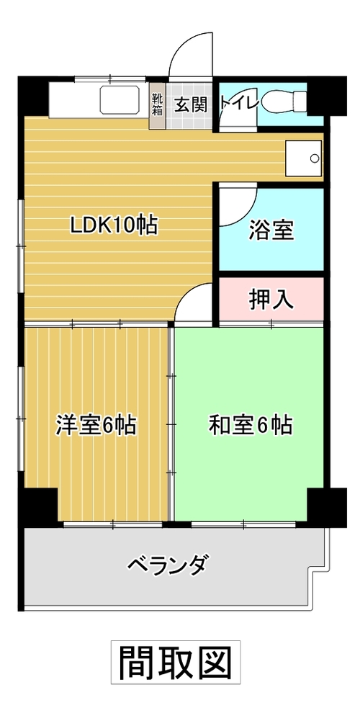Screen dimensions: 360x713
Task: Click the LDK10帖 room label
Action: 114,225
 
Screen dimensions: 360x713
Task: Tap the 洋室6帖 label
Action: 96,425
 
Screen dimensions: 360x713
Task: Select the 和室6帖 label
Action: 251,425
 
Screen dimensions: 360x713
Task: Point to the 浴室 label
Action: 271,230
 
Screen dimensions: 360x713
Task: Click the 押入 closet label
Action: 271,300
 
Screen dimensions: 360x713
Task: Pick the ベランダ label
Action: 168,565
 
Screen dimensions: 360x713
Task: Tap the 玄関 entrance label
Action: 192,105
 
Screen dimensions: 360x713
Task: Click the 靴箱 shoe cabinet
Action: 157,104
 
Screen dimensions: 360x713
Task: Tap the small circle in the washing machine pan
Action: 315,158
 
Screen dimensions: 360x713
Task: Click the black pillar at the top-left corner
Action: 32,96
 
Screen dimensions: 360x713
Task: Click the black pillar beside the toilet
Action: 327,96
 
